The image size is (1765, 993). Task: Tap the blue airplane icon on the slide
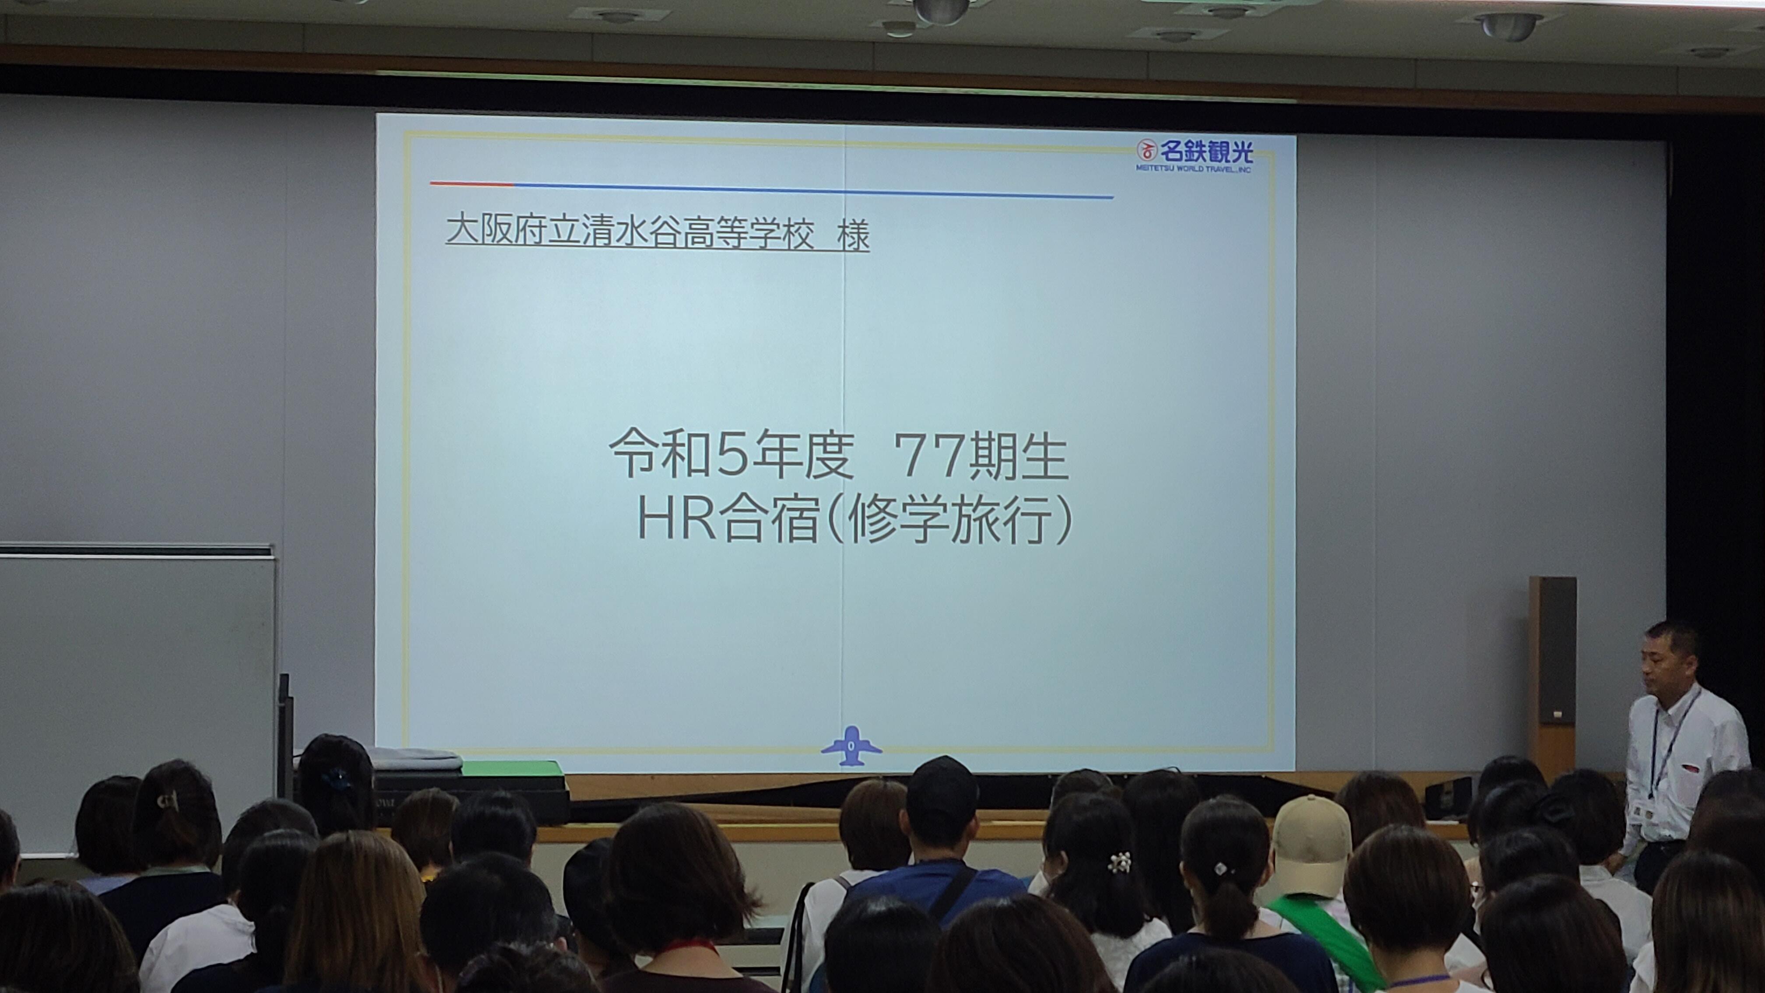click(851, 746)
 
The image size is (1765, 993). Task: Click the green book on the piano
click(513, 768)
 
